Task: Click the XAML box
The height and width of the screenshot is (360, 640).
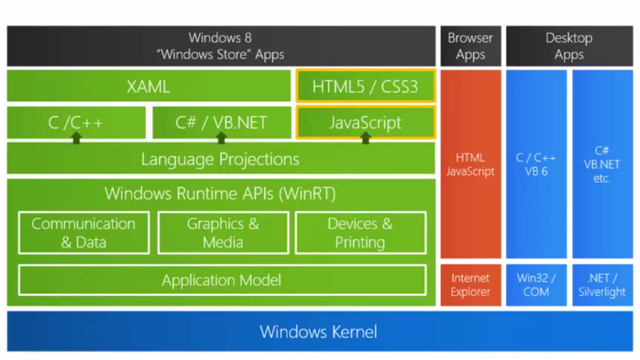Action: tap(149, 87)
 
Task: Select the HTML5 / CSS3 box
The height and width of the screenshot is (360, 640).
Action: tap(365, 87)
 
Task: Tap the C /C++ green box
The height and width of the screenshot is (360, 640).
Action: tap(76, 122)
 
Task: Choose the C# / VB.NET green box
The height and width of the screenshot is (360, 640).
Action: tap(221, 122)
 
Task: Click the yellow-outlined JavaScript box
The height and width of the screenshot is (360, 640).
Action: tap(365, 122)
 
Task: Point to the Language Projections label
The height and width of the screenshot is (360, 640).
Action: tap(220, 159)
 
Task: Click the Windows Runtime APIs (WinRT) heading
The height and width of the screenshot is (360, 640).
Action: tap(220, 193)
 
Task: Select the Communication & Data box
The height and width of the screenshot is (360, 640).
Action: tap(84, 233)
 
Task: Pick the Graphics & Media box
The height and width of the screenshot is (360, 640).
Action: tap(223, 233)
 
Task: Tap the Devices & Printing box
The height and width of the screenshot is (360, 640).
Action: tap(360, 233)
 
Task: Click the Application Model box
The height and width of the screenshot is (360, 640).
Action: tap(222, 280)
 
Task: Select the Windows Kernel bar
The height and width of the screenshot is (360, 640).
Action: tap(319, 331)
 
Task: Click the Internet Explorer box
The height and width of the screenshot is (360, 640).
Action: tap(470, 285)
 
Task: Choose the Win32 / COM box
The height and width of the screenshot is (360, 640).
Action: tap(536, 285)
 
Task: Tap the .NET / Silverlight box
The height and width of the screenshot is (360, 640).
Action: tap(602, 285)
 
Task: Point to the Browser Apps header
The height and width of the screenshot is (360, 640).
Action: tap(470, 46)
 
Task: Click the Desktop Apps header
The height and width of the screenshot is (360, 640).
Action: tap(569, 46)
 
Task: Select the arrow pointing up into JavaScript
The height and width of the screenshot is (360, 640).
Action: tap(365, 138)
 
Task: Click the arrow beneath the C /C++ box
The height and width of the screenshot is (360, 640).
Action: tap(76, 138)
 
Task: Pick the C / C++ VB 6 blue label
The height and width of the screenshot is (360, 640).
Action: tap(536, 164)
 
